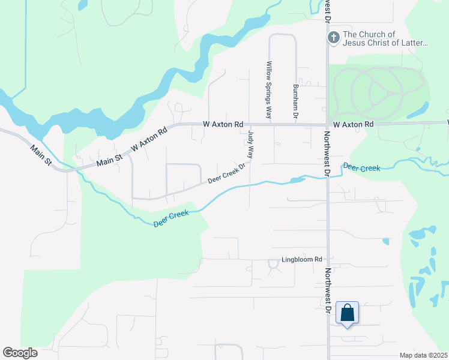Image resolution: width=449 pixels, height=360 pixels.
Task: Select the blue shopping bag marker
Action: (x=347, y=313)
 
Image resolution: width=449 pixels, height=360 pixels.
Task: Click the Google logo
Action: (x=20, y=353)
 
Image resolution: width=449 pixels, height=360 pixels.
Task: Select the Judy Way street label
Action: (x=250, y=146)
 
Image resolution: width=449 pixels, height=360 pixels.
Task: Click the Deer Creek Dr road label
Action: (x=228, y=173)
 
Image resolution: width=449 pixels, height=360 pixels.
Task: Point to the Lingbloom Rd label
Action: (x=303, y=260)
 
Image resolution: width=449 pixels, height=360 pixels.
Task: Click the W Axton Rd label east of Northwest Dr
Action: (x=354, y=124)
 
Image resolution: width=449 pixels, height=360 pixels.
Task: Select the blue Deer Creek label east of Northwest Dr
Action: (x=361, y=168)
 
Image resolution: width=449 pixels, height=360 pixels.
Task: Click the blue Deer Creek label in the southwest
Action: (x=170, y=218)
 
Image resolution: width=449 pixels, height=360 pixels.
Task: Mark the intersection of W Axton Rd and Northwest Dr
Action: (x=328, y=125)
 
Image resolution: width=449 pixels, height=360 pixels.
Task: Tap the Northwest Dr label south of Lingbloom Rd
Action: (x=328, y=290)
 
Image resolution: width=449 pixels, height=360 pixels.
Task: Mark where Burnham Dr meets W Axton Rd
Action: (x=295, y=125)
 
